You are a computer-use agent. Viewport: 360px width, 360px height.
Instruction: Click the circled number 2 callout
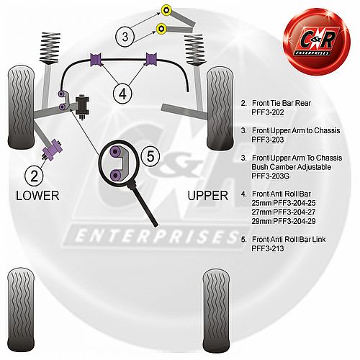tap(34, 176)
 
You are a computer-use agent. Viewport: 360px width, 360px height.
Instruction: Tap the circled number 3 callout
tap(125, 37)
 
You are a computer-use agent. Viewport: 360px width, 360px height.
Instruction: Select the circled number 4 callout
tap(122, 94)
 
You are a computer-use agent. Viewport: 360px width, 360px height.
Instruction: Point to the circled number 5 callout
tap(150, 156)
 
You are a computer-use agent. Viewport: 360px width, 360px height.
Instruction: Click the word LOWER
tap(37, 196)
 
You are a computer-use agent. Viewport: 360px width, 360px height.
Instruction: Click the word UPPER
tap(208, 196)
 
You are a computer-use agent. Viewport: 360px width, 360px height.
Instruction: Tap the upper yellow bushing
tap(166, 10)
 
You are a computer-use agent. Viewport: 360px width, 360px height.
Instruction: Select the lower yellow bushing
tap(161, 29)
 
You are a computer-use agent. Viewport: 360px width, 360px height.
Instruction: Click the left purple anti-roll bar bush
tap(96, 59)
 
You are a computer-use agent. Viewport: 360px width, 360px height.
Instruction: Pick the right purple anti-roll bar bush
tap(151, 59)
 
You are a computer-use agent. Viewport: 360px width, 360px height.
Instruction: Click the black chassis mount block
tap(82, 106)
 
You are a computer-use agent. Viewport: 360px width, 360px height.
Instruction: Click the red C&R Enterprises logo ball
tap(317, 41)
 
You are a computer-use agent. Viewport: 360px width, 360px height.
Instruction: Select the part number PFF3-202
tap(268, 112)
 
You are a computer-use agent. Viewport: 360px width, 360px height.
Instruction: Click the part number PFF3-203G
tap(271, 176)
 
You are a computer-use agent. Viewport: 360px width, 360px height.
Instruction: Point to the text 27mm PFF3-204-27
tap(284, 212)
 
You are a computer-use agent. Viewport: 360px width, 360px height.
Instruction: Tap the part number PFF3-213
tap(268, 248)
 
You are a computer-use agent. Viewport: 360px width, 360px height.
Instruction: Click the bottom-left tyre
tap(21, 310)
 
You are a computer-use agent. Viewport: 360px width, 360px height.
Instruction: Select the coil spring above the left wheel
tap(50, 48)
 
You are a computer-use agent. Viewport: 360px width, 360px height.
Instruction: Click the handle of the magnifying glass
tap(145, 205)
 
